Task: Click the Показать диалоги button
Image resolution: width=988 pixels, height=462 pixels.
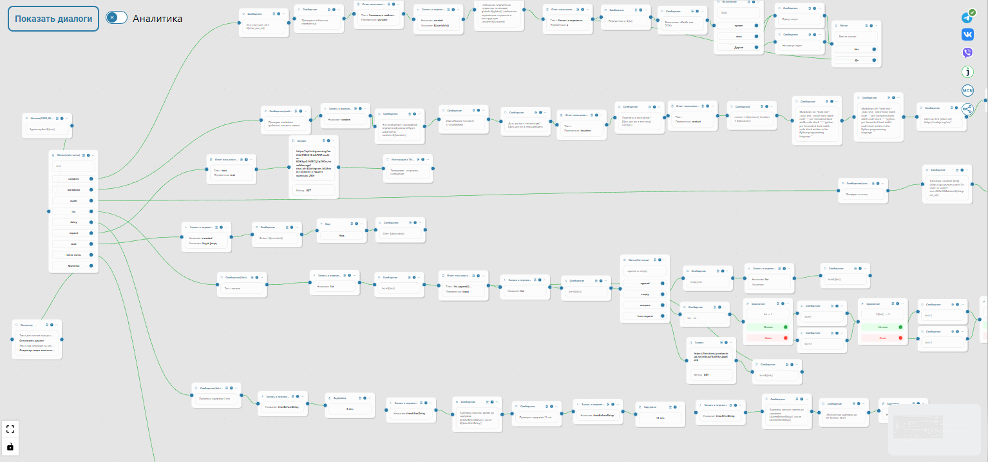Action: coord(53,19)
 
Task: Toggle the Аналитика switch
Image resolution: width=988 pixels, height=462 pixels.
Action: coord(117,18)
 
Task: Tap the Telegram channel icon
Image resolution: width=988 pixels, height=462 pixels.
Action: coord(967,17)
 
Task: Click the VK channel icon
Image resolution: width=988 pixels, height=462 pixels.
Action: coord(967,35)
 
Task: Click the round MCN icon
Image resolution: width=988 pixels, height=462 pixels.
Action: coord(967,90)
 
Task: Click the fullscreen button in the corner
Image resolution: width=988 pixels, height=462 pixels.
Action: coord(10,429)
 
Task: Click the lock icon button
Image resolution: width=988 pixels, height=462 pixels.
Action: coord(10,446)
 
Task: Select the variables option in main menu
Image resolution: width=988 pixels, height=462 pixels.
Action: coord(73,178)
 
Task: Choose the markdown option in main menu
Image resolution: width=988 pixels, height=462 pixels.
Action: coord(73,189)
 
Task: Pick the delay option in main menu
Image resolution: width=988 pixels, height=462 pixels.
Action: coord(73,222)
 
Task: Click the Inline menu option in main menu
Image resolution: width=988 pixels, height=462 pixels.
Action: coord(73,255)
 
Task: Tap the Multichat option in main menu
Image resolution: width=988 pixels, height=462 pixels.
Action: coord(73,265)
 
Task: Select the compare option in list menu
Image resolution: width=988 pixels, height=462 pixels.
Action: coord(645,305)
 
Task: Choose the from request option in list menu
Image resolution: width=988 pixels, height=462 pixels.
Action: coord(645,316)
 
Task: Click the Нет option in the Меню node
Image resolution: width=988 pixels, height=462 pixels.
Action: coord(856,49)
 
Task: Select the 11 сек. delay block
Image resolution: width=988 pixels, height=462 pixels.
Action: coord(660,417)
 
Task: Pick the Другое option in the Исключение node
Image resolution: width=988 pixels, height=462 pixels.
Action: coord(738,47)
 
